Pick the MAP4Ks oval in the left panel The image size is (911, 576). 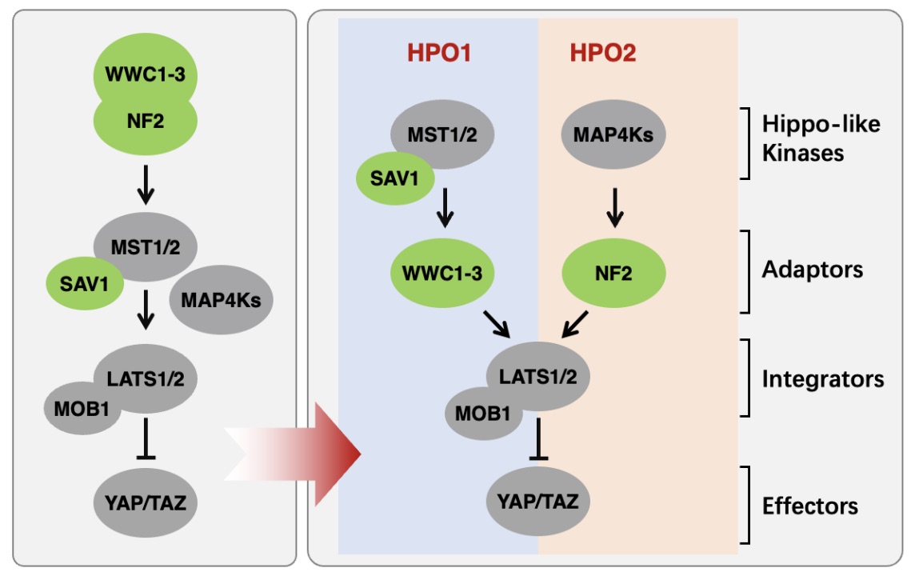point(222,301)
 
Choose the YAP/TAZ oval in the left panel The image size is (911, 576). point(146,503)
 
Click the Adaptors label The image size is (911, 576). point(812,270)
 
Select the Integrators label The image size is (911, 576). point(822,378)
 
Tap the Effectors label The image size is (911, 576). point(809,506)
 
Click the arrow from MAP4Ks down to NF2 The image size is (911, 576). point(614,206)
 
